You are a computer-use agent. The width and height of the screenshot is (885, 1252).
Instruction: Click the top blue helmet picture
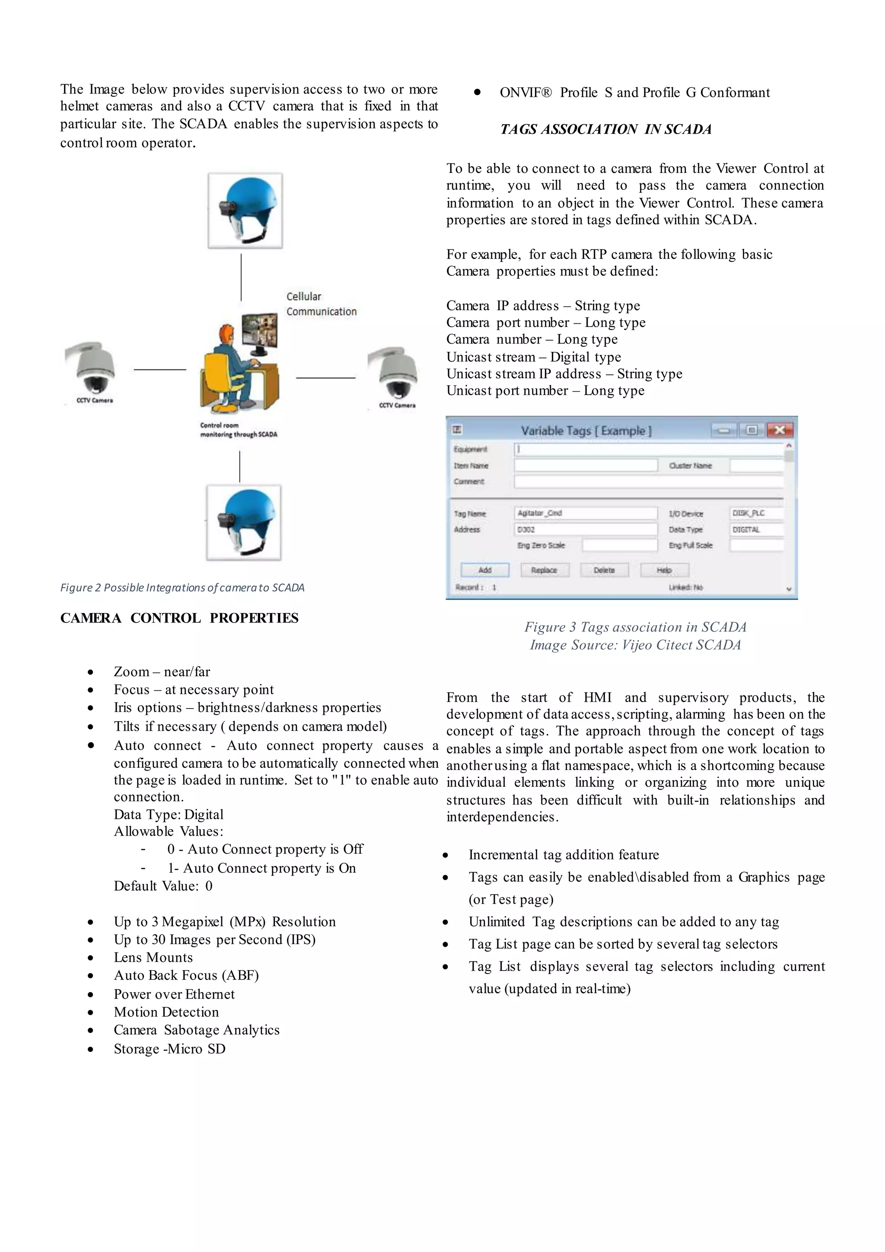click(245, 211)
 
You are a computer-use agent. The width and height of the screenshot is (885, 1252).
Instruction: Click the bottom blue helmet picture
click(244, 522)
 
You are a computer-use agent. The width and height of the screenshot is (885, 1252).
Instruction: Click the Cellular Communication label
click(321, 304)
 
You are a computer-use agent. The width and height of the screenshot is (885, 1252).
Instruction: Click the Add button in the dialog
click(484, 570)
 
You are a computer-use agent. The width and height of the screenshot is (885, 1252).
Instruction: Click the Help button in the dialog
click(664, 570)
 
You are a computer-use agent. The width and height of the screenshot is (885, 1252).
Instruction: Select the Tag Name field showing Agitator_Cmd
click(586, 513)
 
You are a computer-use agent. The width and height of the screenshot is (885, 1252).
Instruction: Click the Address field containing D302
click(586, 530)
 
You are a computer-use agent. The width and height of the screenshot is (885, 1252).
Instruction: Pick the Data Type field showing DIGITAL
click(756, 530)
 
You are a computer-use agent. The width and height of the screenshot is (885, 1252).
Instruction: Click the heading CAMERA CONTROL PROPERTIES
click(179, 618)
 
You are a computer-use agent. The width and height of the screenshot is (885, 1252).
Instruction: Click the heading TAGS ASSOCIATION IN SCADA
click(606, 129)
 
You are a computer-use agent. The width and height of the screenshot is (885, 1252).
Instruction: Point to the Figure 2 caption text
click(182, 587)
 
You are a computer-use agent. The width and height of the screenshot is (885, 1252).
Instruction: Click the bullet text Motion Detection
click(166, 1012)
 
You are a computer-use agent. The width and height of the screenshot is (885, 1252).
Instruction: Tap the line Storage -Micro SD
click(169, 1049)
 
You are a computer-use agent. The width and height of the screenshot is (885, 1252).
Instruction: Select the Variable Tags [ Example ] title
click(586, 431)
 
